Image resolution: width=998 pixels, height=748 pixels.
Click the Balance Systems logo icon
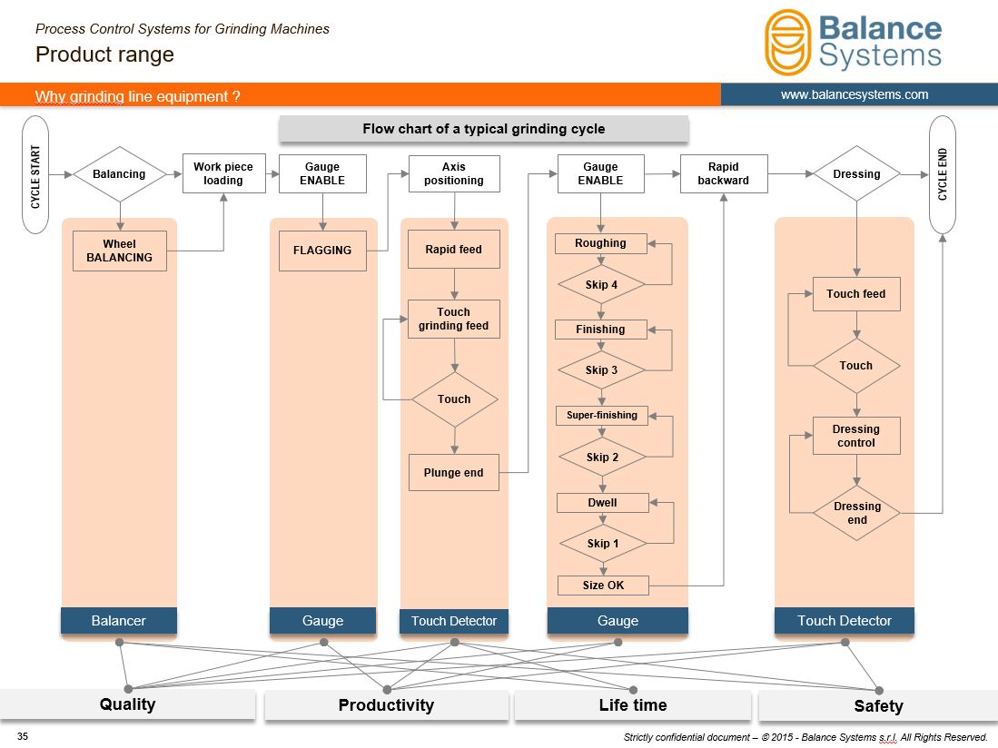pyautogui.click(x=788, y=43)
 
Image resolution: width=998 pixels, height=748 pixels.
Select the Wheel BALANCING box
pyautogui.click(x=120, y=251)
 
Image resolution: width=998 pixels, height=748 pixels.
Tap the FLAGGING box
pyautogui.click(x=322, y=251)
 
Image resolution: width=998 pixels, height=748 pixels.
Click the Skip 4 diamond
pyautogui.click(x=601, y=285)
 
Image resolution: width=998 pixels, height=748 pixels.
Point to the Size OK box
pyautogui.click(x=603, y=586)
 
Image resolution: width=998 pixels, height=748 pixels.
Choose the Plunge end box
pyautogui.click(x=453, y=473)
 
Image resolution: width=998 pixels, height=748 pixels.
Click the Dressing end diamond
pyautogui.click(x=856, y=513)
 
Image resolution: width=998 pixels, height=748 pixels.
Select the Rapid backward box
pyautogui.click(x=724, y=173)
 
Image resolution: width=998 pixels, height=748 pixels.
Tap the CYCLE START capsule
pyautogui.click(x=35, y=175)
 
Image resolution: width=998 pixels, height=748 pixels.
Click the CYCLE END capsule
pyautogui.click(x=943, y=175)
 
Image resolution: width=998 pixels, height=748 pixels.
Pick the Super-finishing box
pyautogui.click(x=602, y=416)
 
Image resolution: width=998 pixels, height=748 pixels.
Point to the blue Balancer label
pyautogui.click(x=119, y=621)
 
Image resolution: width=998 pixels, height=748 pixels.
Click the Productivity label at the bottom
pyautogui.click(x=386, y=704)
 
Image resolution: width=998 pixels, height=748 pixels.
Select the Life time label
pyautogui.click(x=633, y=704)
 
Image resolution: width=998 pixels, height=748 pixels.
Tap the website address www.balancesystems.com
pyautogui.click(x=855, y=94)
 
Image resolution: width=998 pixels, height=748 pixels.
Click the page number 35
pyautogui.click(x=23, y=736)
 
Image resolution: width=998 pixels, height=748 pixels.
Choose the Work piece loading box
pyautogui.click(x=223, y=173)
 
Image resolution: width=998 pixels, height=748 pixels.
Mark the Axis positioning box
pyautogui.click(x=454, y=173)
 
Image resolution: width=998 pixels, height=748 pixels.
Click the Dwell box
pyautogui.click(x=603, y=503)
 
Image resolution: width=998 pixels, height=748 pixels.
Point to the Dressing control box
pyautogui.click(x=856, y=436)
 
